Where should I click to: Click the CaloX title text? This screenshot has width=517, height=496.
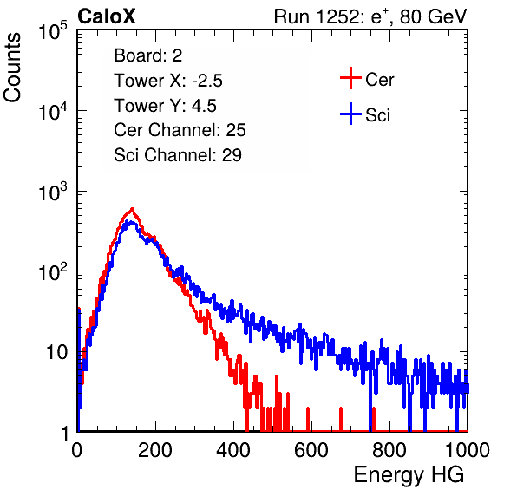coord(106,16)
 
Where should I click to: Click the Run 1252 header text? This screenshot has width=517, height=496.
coord(370,16)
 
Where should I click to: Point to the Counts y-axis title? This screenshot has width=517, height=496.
coord(12,68)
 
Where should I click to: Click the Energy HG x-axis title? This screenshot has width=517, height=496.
coord(409,475)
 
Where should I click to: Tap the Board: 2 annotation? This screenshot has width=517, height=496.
coord(148,55)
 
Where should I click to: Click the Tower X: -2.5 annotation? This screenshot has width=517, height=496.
coord(168,81)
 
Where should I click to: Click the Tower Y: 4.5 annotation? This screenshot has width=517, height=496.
coord(165,106)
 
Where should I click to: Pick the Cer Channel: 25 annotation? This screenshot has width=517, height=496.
coord(180,130)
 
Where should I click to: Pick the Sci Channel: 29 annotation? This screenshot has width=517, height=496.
coord(178,155)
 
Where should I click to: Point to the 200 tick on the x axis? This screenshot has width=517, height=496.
coord(155,450)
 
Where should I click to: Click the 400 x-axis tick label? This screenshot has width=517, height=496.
coord(233,450)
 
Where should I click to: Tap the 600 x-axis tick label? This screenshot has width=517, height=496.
coord(311,450)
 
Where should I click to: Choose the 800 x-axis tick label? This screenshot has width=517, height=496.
coord(389,450)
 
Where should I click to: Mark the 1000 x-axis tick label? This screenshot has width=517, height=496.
coord(468,450)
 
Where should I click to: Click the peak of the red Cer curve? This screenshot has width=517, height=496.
coord(132,209)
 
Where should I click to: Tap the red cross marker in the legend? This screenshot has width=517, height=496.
coord(350,78)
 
